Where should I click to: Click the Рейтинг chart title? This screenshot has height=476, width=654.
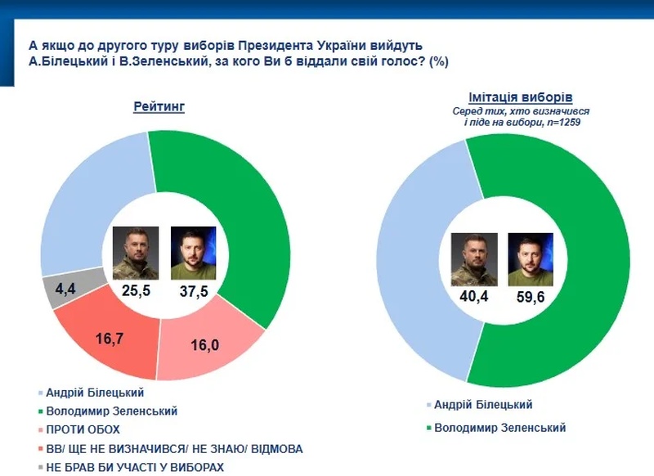(159, 106)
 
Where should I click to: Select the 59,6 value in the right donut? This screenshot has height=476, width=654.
(531, 298)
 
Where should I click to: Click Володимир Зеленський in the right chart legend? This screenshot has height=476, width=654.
(499, 427)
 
